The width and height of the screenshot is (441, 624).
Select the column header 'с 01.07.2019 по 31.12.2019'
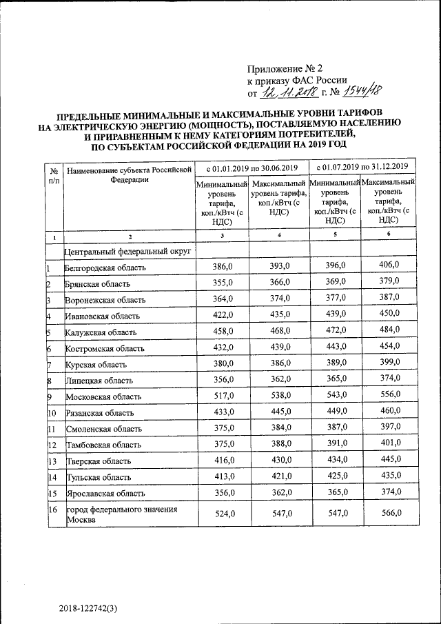pyautogui.click(x=362, y=167)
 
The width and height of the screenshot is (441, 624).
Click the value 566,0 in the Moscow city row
pyautogui.click(x=390, y=512)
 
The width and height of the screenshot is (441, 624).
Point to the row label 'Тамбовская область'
pyautogui.click(x=103, y=445)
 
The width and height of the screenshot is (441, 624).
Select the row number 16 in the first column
pyautogui.click(x=52, y=510)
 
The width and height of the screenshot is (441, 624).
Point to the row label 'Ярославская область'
pyautogui.click(x=105, y=494)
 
